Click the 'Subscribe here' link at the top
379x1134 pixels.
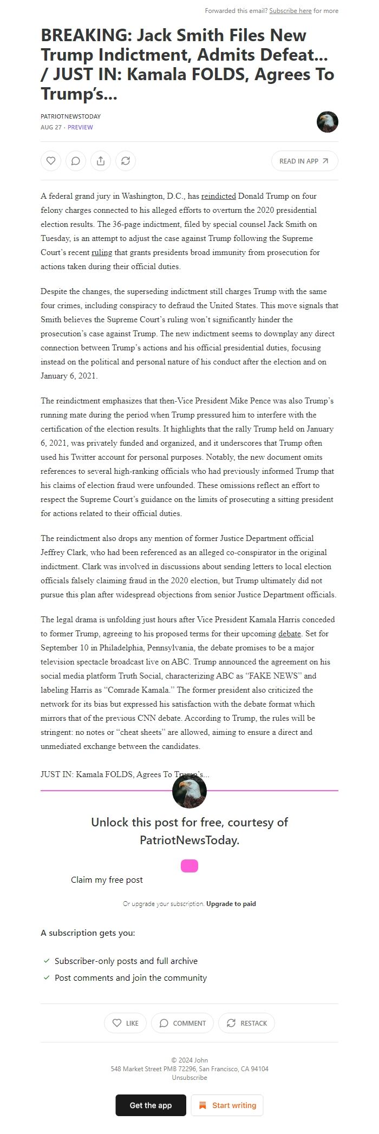coord(290,11)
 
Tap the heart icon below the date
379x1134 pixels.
coord(51,161)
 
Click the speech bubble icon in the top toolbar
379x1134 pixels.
coord(76,161)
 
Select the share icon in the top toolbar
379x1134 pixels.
coord(101,161)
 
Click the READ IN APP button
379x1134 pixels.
coord(304,161)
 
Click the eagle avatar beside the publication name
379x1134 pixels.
coord(327,122)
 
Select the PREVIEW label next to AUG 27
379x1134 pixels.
coord(80,127)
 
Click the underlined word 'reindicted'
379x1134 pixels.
coord(218,196)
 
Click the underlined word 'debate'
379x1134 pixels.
coord(290,634)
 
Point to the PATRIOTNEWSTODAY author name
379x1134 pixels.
coord(70,116)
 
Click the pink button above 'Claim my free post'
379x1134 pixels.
coord(190,866)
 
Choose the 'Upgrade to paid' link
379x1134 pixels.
coord(231,904)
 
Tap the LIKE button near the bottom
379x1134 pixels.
coord(125,1023)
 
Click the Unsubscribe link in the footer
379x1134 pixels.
coord(190,1077)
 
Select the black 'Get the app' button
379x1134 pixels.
coord(151,1105)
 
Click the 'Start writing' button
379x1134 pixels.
coord(227,1105)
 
